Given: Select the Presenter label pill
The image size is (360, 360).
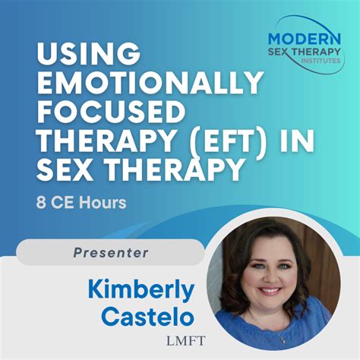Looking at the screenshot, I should [111, 252].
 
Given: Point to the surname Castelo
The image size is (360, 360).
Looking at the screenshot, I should [151, 318].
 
